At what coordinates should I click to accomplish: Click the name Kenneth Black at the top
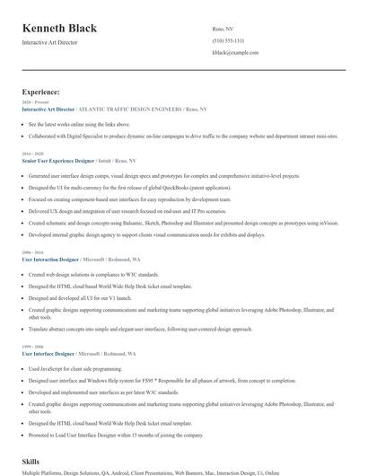(60, 29)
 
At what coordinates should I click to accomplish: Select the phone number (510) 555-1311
(229, 41)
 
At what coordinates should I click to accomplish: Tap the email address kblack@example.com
(235, 53)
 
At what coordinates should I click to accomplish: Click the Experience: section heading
(41, 92)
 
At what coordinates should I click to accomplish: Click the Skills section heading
(32, 461)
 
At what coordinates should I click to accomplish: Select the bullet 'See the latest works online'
(79, 124)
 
